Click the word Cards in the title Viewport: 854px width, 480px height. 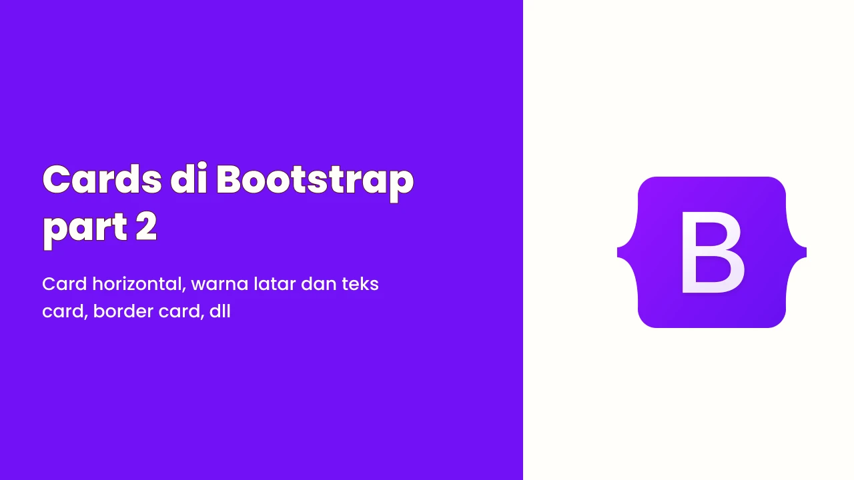pyautogui.click(x=102, y=179)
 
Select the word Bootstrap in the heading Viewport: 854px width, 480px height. pyautogui.click(x=315, y=183)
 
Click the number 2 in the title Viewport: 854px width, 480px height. pyautogui.click(x=146, y=226)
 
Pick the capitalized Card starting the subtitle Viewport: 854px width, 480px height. pyautogui.click(x=65, y=284)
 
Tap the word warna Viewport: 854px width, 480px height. pyautogui.click(x=220, y=285)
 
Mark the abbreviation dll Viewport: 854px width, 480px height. pyautogui.click(x=220, y=311)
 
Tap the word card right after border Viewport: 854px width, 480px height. pyautogui.click(x=181, y=312)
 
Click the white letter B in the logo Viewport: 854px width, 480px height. pyautogui.click(x=712, y=253)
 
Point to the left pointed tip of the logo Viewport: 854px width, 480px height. pyautogui.click(x=618, y=253)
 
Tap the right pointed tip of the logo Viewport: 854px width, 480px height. pyautogui.click(x=805, y=253)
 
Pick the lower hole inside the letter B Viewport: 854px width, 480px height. pyautogui.click(x=712, y=269)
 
